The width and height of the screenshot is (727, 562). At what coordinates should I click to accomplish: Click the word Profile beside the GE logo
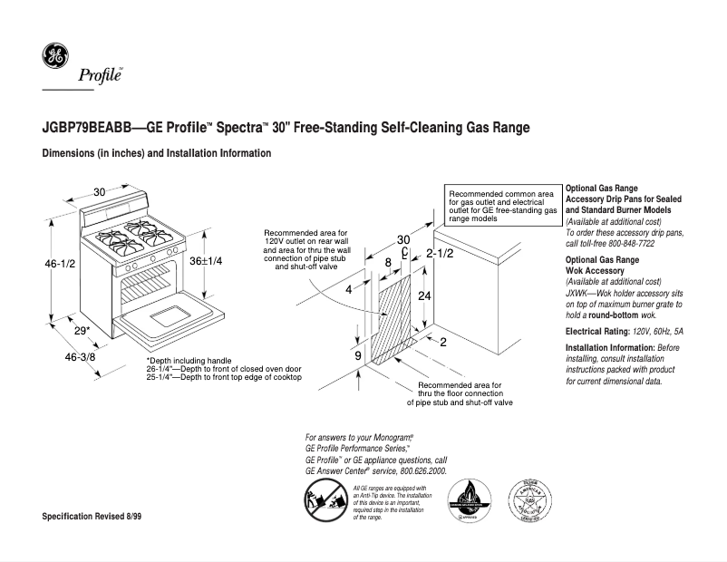pos(106,76)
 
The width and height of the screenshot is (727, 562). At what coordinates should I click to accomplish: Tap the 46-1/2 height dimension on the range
pos(60,263)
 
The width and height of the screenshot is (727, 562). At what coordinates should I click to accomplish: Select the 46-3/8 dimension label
pos(80,357)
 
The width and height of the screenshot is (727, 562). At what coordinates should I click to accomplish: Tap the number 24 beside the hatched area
pos(424,296)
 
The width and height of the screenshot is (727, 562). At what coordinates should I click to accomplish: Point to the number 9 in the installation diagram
pos(359,355)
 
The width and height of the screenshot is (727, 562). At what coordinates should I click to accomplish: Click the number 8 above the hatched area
pos(388,262)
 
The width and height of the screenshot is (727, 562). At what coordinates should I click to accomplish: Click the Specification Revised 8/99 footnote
pos(93,516)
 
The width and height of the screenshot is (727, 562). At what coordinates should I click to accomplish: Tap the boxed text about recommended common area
pos(501,207)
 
